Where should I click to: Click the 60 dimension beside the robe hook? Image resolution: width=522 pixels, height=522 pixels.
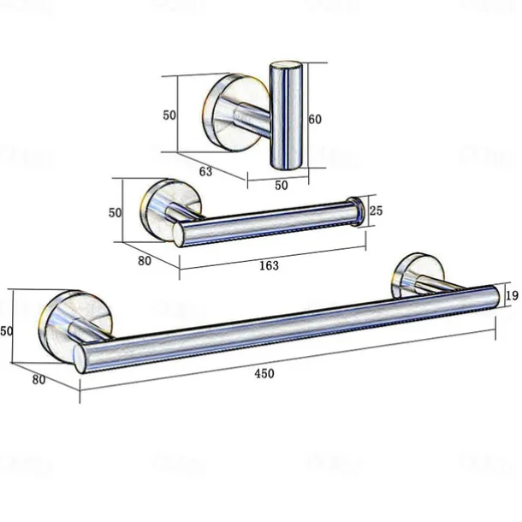(x=315, y=120)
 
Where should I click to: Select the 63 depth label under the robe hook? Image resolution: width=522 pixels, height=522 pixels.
(x=205, y=171)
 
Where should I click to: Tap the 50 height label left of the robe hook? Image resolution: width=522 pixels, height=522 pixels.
(x=169, y=115)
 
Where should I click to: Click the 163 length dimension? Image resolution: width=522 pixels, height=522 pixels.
(x=269, y=265)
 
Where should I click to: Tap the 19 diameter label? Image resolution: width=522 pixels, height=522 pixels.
(x=512, y=296)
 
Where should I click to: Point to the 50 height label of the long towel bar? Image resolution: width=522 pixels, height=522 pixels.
(x=7, y=330)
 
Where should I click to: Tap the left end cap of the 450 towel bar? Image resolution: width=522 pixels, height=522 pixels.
(x=81, y=360)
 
